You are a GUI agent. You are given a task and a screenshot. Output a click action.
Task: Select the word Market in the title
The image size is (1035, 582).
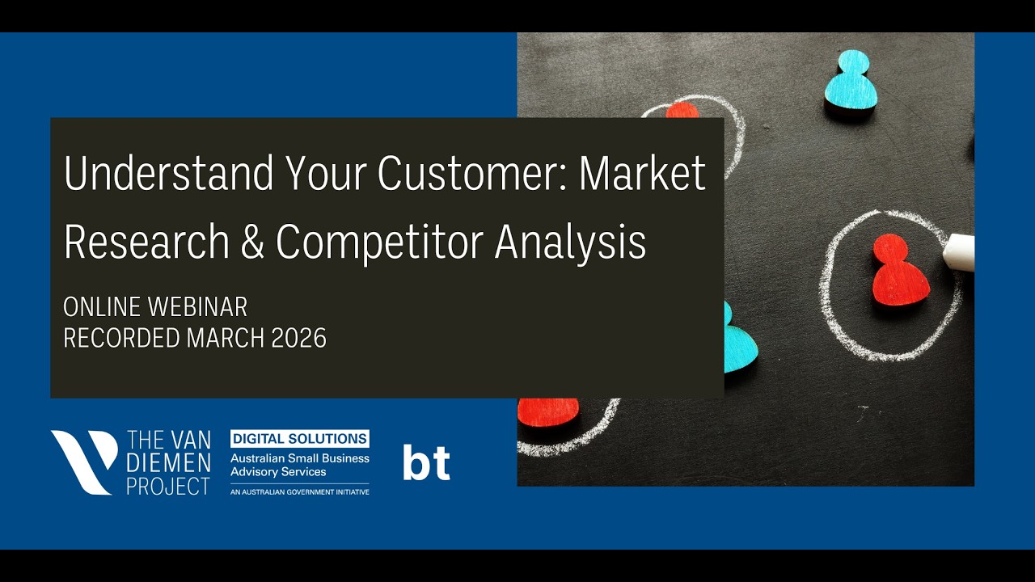(x=642, y=174)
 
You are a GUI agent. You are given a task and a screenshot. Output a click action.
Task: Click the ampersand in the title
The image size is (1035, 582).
(x=252, y=242)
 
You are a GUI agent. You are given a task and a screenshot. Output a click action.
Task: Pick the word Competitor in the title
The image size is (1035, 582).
(x=379, y=242)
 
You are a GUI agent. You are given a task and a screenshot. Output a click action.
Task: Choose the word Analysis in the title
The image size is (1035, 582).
(x=570, y=242)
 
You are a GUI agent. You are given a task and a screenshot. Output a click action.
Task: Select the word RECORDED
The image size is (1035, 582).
(x=122, y=339)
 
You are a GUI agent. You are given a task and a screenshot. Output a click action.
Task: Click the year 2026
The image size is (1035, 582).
(x=298, y=339)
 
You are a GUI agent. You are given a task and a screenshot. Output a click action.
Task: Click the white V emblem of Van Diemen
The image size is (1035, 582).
(x=84, y=462)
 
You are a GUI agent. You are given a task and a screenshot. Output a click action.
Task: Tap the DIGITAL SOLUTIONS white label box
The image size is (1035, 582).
(x=300, y=439)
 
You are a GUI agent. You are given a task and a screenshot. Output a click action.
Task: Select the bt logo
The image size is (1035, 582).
(x=426, y=462)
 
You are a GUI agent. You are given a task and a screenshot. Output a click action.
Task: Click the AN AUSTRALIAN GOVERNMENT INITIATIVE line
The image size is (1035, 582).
(x=300, y=491)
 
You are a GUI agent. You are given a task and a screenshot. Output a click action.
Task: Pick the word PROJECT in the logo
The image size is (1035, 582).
(x=169, y=486)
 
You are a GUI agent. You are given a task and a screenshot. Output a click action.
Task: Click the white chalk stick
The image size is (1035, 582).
(x=959, y=251)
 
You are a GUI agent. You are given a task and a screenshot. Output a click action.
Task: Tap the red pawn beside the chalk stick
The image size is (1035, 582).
(x=900, y=271)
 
